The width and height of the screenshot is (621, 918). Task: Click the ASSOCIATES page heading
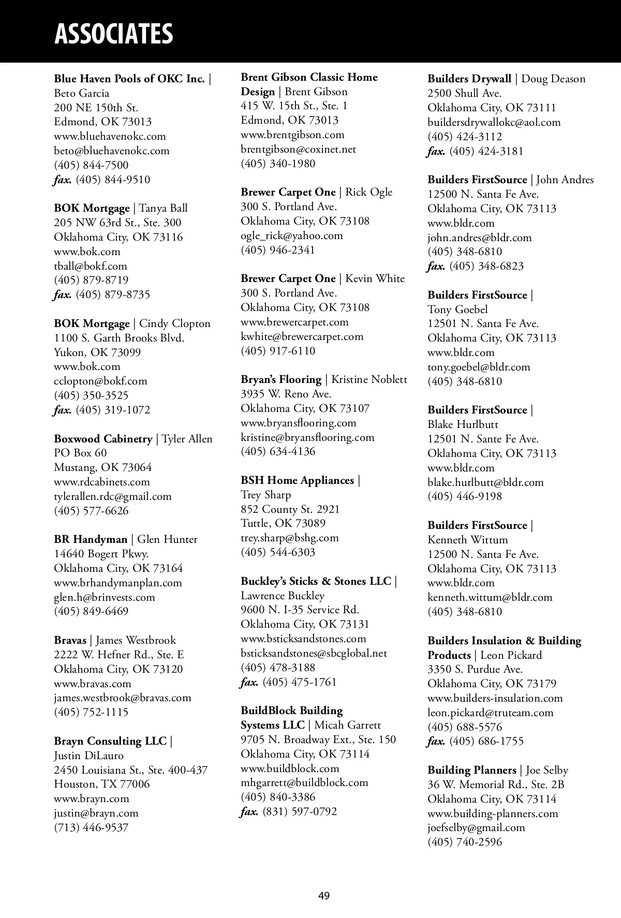click(113, 34)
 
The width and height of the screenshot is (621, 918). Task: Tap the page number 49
click(324, 896)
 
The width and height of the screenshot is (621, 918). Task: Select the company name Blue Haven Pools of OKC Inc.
click(129, 79)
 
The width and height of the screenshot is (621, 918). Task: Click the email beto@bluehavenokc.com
click(112, 151)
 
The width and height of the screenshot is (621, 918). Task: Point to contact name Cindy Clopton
click(175, 324)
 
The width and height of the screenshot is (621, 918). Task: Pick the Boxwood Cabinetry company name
click(103, 439)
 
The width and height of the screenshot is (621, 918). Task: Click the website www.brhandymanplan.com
click(118, 583)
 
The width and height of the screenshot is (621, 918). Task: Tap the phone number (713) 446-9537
click(91, 827)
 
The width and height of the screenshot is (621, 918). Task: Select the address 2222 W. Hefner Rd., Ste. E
click(119, 655)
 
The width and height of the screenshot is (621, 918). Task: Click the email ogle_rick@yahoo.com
click(292, 236)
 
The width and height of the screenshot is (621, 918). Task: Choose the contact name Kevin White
click(375, 279)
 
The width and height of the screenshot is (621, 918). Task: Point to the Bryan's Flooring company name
click(281, 380)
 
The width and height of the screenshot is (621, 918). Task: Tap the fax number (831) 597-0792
click(300, 811)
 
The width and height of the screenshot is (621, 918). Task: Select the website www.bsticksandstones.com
click(303, 639)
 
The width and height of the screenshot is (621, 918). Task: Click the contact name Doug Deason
click(553, 79)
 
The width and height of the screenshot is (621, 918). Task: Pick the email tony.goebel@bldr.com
click(479, 367)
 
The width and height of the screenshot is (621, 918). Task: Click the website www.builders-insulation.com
click(495, 698)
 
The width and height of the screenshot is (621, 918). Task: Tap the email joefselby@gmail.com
click(476, 827)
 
